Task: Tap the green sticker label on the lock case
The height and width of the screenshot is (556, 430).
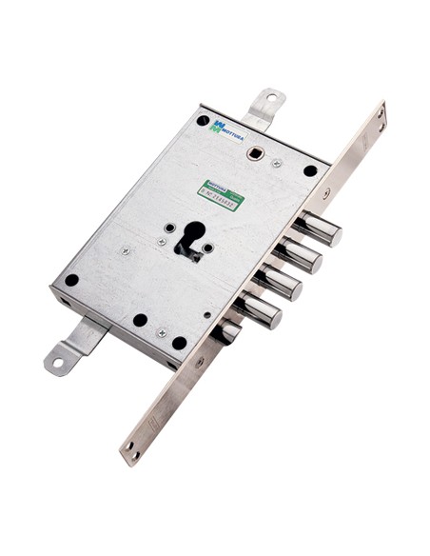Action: point(222,191)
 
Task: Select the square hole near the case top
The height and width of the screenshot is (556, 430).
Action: point(255,152)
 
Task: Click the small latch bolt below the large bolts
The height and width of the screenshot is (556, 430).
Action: point(228,331)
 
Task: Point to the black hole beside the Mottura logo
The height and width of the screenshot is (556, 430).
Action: point(203,121)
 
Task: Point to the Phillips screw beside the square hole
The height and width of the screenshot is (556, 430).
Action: point(277,163)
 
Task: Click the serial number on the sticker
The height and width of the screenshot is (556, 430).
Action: point(220,195)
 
